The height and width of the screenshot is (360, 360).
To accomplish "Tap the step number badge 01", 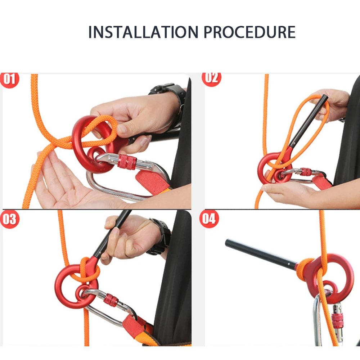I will click(x=10, y=79).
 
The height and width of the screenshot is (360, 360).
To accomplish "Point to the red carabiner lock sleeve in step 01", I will click(x=127, y=162).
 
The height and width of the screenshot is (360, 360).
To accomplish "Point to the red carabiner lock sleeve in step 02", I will click(x=306, y=172).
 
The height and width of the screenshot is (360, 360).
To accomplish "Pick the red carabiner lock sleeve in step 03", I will click(x=111, y=300).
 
